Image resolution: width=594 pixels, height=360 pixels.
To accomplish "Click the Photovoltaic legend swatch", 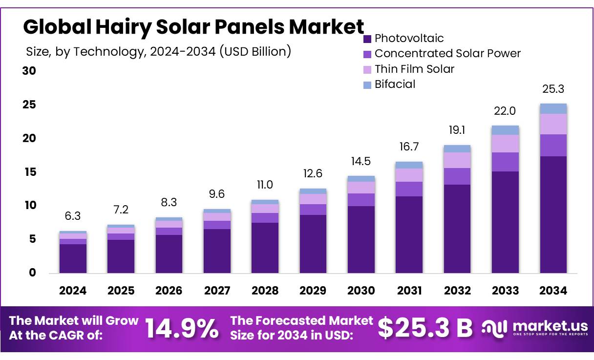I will (x=368, y=39).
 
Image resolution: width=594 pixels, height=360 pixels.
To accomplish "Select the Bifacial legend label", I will (x=395, y=84).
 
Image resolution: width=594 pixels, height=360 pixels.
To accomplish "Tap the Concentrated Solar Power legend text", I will (x=447, y=54).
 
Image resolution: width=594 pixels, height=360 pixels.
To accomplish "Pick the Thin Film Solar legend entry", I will (x=414, y=69).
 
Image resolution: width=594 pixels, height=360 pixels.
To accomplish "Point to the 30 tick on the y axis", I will (x=29, y=71).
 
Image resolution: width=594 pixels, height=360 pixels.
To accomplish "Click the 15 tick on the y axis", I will (x=29, y=172).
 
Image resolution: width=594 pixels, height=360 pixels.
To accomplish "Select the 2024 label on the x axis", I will (x=73, y=291).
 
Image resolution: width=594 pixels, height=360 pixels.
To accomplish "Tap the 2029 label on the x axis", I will (x=313, y=291).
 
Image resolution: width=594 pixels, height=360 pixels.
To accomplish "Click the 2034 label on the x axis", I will (x=553, y=291).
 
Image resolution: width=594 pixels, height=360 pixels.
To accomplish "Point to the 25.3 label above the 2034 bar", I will (x=553, y=89).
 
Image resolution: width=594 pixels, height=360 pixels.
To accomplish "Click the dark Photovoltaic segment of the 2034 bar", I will (x=553, y=215).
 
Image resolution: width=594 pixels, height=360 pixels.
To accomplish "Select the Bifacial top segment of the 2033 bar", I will (x=505, y=130).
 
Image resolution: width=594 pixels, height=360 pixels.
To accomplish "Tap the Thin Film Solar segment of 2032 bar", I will (x=457, y=160).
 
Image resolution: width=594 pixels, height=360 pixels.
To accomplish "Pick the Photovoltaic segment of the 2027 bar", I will (x=217, y=251).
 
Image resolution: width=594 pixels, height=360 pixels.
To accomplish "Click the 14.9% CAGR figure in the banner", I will (x=182, y=329).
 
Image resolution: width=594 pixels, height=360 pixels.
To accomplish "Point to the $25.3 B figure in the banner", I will (x=425, y=329).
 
